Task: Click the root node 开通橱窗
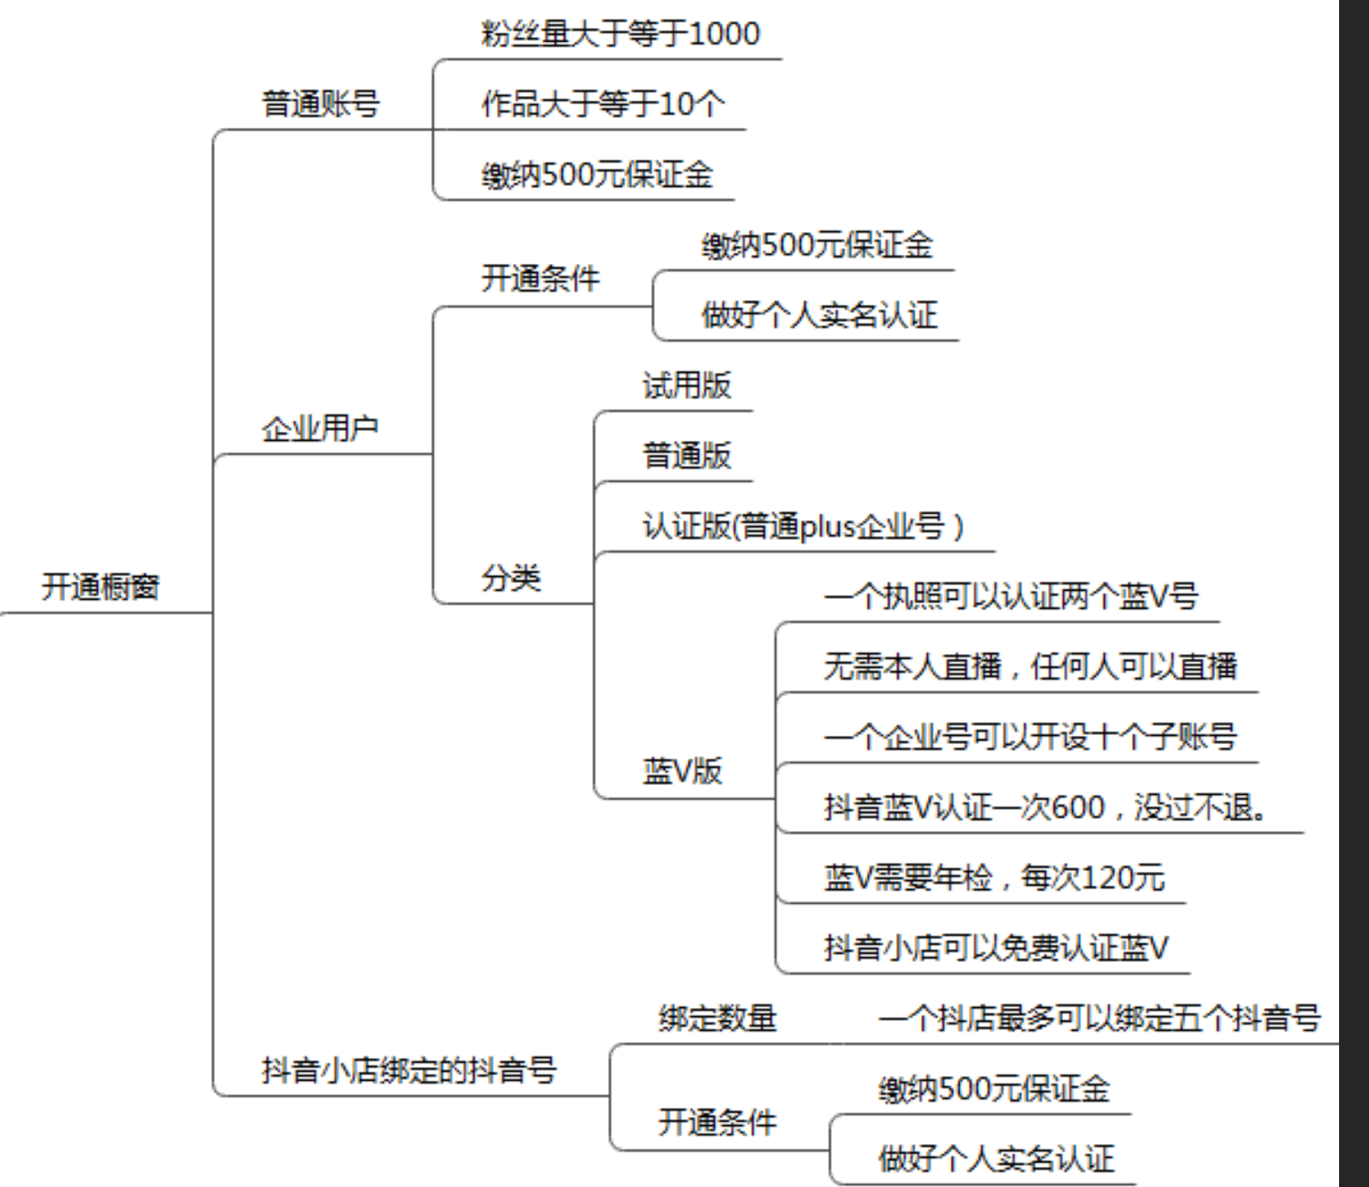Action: [101, 587]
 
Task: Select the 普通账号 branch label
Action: [320, 103]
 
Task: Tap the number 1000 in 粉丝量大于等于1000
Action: [724, 34]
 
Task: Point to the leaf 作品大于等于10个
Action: [602, 103]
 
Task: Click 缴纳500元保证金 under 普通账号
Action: [597, 174]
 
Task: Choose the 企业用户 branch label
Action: [320, 427]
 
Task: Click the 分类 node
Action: [511, 578]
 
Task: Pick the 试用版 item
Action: [687, 385]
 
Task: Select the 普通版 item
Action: [687, 455]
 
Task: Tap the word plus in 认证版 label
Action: [827, 525]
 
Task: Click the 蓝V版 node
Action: [682, 771]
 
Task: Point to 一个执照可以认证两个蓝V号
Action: [1011, 596]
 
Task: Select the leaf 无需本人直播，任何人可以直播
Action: [1030, 666]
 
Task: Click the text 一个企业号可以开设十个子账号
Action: [1030, 736]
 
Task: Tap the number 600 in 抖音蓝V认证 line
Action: [1078, 807]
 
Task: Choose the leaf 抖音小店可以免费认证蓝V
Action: [995, 947]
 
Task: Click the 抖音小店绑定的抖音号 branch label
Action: [409, 1070]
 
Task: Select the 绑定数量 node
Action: [718, 1018]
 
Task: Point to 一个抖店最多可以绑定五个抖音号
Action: [1099, 1018]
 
